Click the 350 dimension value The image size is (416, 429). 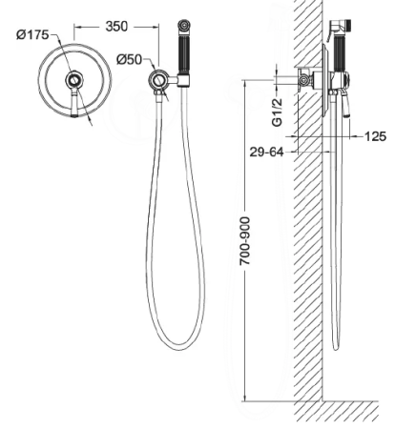pyautogui.click(x=116, y=27)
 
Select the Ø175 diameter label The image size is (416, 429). pyautogui.click(x=32, y=34)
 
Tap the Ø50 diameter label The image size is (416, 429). pyautogui.click(x=129, y=59)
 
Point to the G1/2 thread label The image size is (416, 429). pyautogui.click(x=278, y=112)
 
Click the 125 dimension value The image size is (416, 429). pyautogui.click(x=375, y=136)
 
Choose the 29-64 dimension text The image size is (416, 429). pyautogui.click(x=266, y=152)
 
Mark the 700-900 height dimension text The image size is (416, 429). pyautogui.click(x=245, y=241)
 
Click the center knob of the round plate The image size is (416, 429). pyautogui.click(x=74, y=79)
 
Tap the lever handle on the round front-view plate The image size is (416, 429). pyautogui.click(x=74, y=102)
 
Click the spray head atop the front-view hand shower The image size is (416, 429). pyautogui.click(x=183, y=26)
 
